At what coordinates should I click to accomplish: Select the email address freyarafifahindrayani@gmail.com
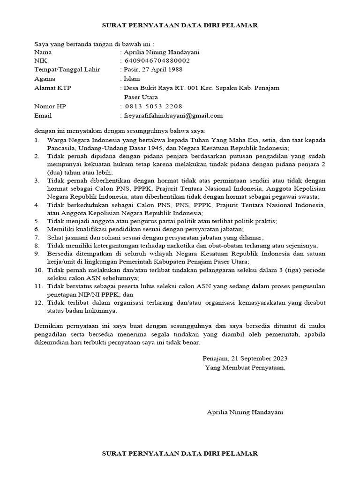pyautogui.click(x=173, y=115)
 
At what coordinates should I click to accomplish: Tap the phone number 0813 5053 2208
pyautogui.click(x=153, y=106)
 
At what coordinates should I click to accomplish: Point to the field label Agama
pyautogui.click(x=45, y=79)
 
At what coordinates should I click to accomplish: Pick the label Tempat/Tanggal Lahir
pyautogui.click(x=67, y=70)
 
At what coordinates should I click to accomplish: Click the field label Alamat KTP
pyautogui.click(x=53, y=88)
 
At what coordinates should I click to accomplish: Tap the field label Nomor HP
pyautogui.click(x=50, y=106)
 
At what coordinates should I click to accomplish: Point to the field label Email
pyautogui.click(x=43, y=115)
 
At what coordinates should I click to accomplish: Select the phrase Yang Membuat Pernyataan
pyautogui.click(x=245, y=367)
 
